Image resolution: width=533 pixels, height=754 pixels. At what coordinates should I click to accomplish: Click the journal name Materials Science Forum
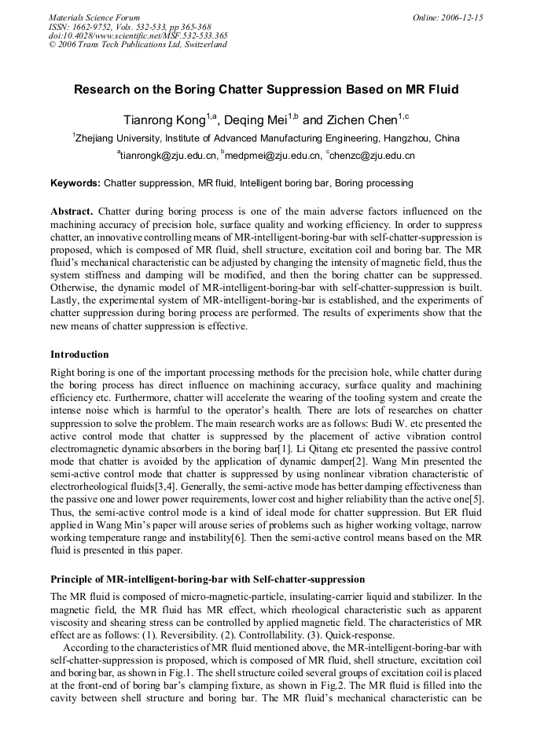click(x=94, y=17)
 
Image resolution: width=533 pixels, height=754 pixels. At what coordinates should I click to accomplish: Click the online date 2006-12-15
click(x=465, y=17)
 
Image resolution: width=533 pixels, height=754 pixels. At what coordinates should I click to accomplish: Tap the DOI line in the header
click(x=138, y=35)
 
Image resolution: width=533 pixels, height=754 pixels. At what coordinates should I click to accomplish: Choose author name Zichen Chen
click(x=362, y=120)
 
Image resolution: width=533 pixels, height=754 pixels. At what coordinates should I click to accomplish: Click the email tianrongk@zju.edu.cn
click(x=167, y=156)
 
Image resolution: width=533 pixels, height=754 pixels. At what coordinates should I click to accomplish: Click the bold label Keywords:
click(x=75, y=183)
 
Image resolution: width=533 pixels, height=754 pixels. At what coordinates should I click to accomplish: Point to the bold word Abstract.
click(x=72, y=211)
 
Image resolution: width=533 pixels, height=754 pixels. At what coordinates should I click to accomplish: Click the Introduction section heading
click(x=79, y=354)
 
